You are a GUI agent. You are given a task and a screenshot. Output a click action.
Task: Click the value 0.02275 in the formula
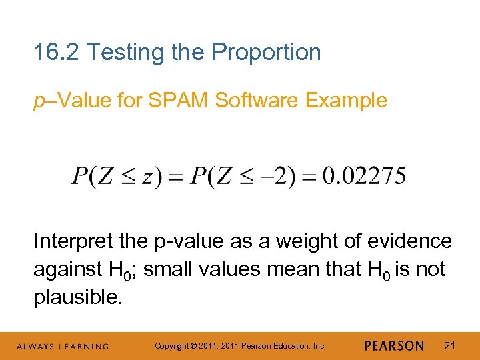(x=363, y=177)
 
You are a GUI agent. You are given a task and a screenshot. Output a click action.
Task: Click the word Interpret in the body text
(x=71, y=241)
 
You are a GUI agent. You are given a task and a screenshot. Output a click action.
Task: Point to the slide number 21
(x=449, y=345)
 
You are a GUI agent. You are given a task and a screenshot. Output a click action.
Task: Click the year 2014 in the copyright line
(x=203, y=346)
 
